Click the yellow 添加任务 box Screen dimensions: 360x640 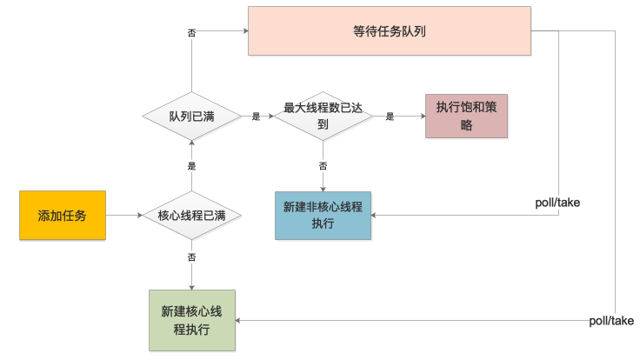[63, 215]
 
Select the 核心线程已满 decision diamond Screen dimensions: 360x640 [191, 215]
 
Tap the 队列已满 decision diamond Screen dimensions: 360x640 [191, 116]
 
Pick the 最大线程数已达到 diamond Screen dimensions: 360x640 [323, 116]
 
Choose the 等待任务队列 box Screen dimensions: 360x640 [389, 30]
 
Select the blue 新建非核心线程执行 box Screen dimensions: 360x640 [323, 215]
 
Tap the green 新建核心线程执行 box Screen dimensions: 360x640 [191, 320]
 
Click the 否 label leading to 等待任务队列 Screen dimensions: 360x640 [191, 32]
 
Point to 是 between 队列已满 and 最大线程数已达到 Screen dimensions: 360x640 [256, 116]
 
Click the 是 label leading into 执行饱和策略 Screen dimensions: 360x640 [390, 116]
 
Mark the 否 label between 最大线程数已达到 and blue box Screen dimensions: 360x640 [323, 165]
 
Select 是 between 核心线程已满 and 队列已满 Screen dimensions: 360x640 [191, 165]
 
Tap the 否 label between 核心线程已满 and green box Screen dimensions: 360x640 [191, 258]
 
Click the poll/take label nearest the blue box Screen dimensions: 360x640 [557, 203]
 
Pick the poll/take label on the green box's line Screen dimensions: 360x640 [611, 320]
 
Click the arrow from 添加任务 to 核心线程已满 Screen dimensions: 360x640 [123, 215]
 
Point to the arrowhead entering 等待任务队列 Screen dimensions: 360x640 [244, 30]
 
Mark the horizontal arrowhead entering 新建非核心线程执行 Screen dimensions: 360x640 [376, 215]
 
